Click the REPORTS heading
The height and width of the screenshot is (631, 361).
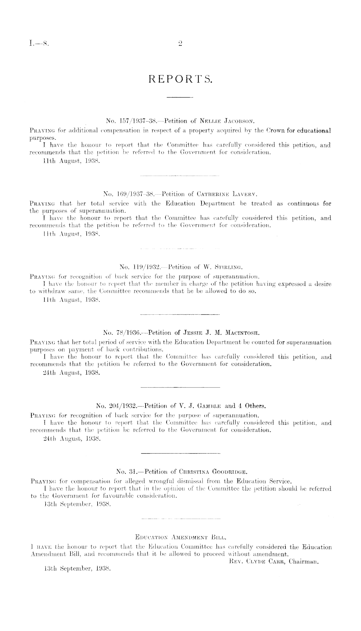point(180,79)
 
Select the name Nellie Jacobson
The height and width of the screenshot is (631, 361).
point(227,122)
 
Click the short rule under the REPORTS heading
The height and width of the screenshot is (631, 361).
point(180,97)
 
